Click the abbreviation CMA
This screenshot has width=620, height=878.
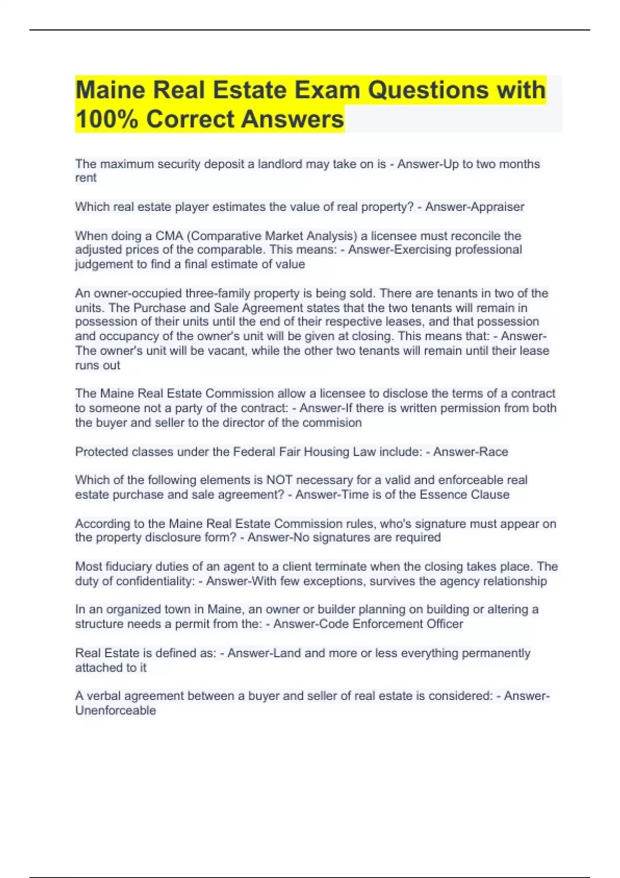pyautogui.click(x=169, y=236)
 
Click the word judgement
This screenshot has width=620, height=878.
pyautogui.click(x=103, y=264)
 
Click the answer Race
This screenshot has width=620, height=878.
pyautogui.click(x=494, y=452)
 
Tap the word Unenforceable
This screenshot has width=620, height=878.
pyautogui.click(x=115, y=711)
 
